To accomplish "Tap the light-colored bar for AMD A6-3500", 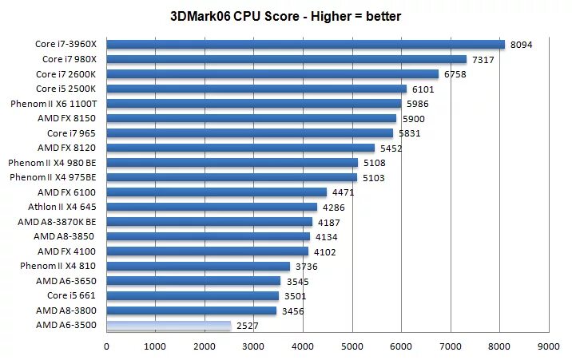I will coord(169,326).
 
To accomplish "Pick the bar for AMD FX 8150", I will coord(251,118).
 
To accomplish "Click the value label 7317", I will coord(483,60).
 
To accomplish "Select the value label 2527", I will coord(248,326).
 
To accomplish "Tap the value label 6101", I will coord(423,89).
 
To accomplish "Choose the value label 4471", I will coord(344,192).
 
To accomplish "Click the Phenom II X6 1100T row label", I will coord(54,104).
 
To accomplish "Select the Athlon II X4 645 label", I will coord(62,207).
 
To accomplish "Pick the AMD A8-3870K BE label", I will coord(57,222).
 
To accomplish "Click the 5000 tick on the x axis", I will coord(352,346).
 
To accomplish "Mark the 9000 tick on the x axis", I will coord(549,346).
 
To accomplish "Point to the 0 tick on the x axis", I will coord(106,346).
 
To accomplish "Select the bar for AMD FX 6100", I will coord(216,192).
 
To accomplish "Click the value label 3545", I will coord(298,281).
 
